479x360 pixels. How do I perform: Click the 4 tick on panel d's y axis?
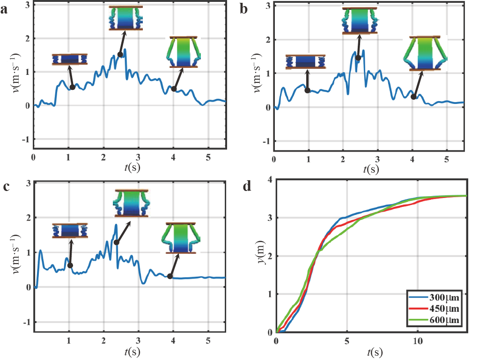(x=270, y=180)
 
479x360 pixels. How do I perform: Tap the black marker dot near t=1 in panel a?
(x=73, y=87)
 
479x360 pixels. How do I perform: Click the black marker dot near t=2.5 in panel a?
(x=120, y=55)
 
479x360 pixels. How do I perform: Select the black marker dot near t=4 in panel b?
(x=413, y=97)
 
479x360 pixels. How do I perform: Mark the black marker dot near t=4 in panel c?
(x=169, y=276)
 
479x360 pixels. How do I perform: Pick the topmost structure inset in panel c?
(x=131, y=203)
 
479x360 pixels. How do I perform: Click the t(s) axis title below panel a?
(x=129, y=168)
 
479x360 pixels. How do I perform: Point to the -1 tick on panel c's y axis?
(x=27, y=323)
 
